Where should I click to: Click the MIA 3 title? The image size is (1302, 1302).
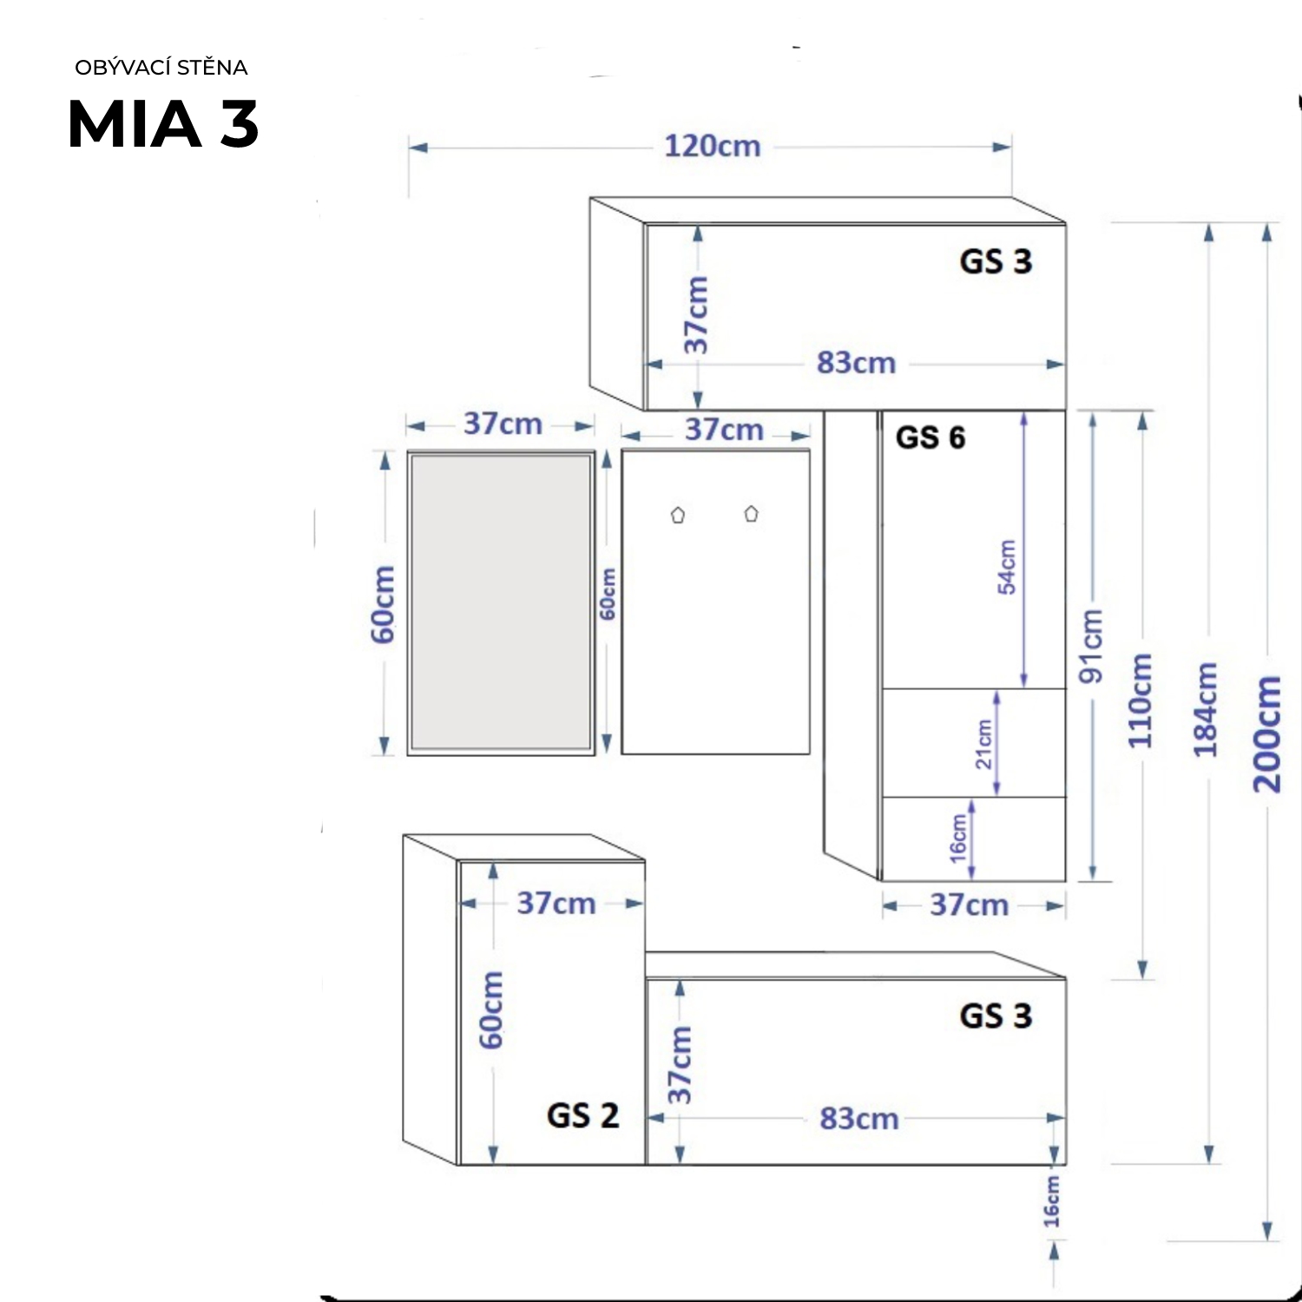(163, 124)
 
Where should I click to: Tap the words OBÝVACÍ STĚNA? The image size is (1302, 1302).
(161, 68)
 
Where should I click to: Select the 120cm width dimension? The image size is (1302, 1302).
(712, 147)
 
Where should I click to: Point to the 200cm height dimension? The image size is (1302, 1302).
(1266, 733)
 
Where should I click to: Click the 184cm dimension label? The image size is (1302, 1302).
(1206, 709)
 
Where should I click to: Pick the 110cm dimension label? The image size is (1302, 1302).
(1141, 700)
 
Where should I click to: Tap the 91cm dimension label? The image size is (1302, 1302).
(1091, 645)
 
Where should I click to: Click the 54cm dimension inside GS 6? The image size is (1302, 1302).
(1007, 567)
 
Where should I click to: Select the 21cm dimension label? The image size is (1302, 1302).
(983, 745)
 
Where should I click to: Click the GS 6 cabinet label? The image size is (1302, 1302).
(930, 437)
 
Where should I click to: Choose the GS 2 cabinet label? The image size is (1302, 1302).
(582, 1115)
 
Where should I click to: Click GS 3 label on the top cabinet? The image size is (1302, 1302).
(996, 261)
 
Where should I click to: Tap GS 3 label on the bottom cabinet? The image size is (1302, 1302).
(996, 1016)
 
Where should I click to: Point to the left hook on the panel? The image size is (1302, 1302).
(678, 515)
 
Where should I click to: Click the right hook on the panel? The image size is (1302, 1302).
(751, 514)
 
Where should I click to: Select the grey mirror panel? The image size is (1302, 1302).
(501, 602)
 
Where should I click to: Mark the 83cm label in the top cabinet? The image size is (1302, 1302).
(856, 363)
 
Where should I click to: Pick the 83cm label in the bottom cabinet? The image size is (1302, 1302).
(858, 1119)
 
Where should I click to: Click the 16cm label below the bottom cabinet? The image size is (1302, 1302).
(1052, 1202)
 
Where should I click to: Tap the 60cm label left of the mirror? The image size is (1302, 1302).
(383, 604)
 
